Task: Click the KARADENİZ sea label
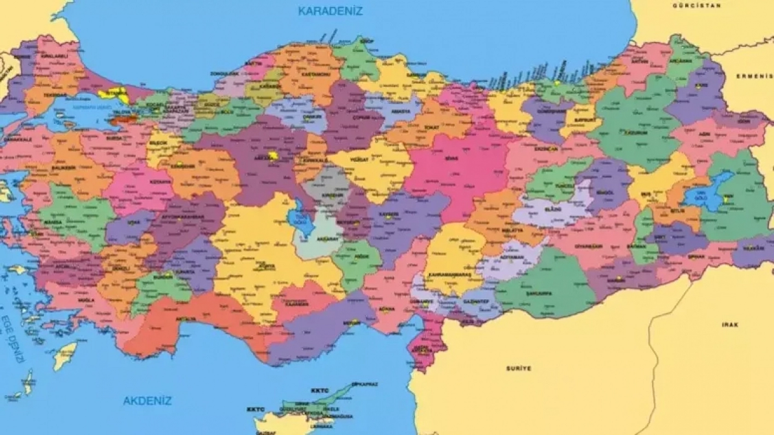pos(330,11)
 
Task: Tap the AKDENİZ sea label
pos(147,401)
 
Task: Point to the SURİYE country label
pos(519,368)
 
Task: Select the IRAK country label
pos(730,325)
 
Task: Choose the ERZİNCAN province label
pos(546,149)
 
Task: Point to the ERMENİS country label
pos(755,76)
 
